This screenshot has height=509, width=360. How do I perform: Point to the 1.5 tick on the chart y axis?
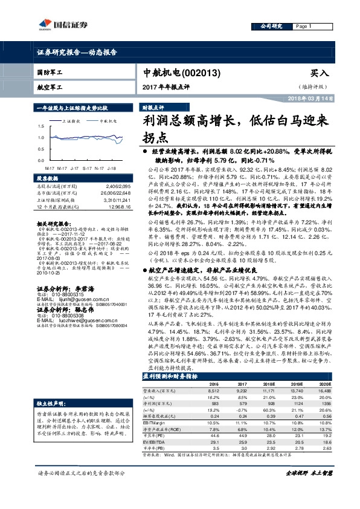[x=40, y=126]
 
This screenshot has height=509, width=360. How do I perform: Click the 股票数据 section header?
[x=47, y=179]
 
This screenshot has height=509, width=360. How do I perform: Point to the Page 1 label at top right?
[x=302, y=27]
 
